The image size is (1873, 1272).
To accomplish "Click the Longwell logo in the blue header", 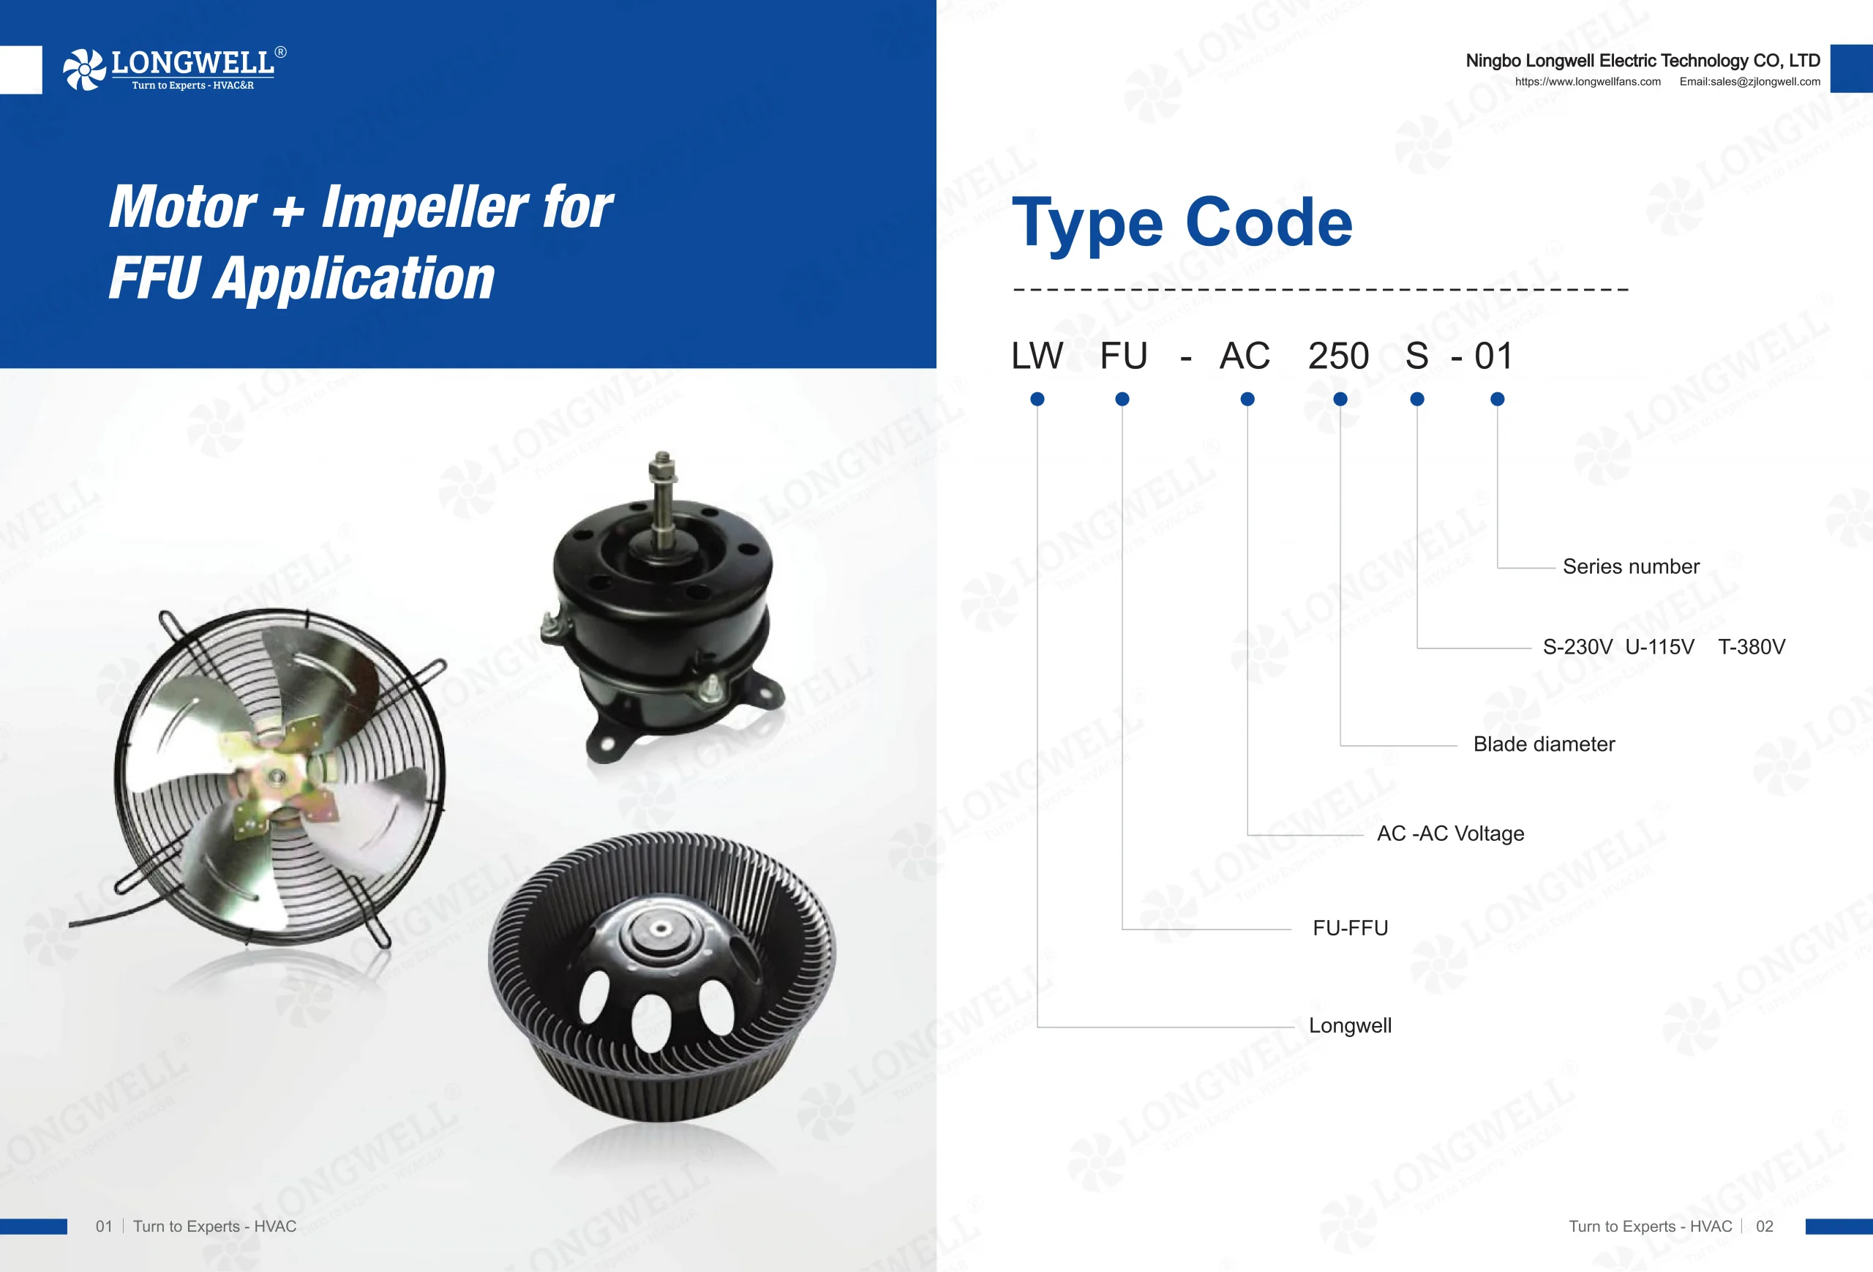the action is [x=174, y=69].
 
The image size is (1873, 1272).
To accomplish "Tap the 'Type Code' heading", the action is [x=1182, y=224].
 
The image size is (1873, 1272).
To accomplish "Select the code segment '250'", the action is [x=1338, y=356].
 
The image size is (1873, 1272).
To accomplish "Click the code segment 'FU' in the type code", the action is [x=1124, y=356].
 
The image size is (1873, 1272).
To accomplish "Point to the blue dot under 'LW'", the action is [x=1037, y=399].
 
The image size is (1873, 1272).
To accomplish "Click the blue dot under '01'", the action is [x=1498, y=399].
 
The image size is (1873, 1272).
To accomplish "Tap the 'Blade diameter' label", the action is [x=1543, y=744].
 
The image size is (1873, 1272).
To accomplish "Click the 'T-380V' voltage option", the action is [x=1752, y=646].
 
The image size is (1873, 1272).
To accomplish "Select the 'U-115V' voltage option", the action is [x=1659, y=646].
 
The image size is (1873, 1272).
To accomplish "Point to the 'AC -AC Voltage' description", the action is [x=1451, y=834].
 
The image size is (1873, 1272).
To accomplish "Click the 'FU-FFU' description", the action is [x=1350, y=928].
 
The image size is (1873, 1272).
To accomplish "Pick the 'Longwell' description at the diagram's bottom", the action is [x=1350, y=1025].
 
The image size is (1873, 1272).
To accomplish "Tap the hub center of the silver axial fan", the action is [x=277, y=777].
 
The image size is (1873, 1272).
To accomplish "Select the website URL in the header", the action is [x=1588, y=81].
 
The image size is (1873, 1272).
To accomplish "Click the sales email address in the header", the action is [x=1749, y=81].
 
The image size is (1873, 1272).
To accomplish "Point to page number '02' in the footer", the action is [x=1764, y=1226].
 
